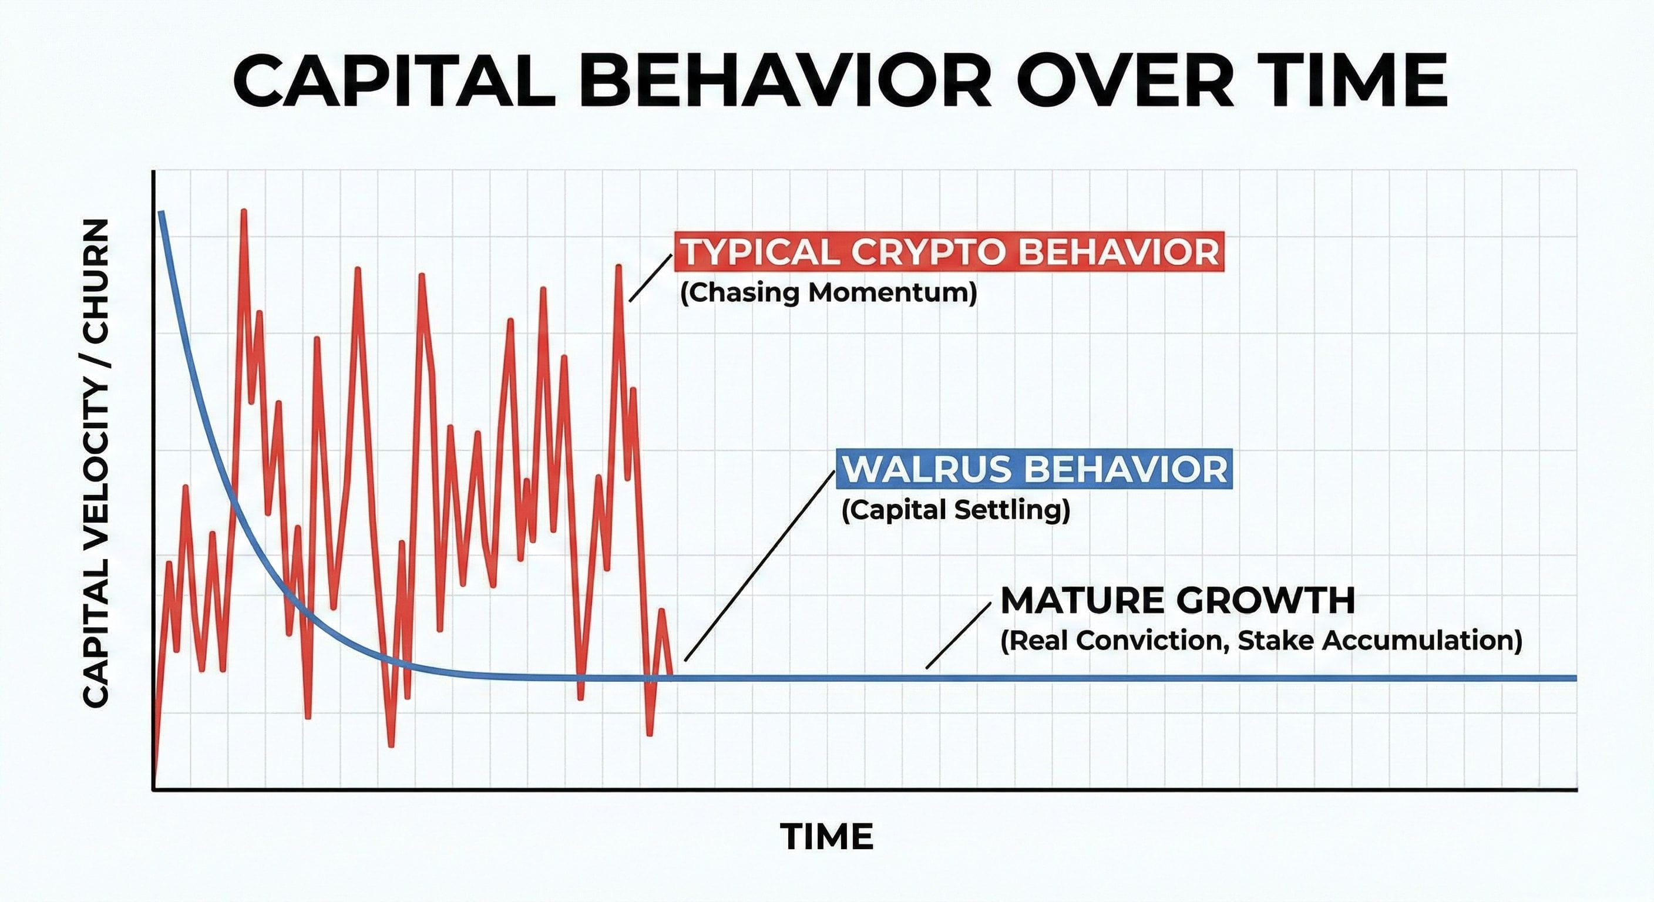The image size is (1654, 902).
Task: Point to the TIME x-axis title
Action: tap(826, 836)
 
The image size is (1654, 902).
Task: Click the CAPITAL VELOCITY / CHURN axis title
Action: tap(96, 463)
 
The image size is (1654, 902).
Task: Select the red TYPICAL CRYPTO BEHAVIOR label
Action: tap(949, 252)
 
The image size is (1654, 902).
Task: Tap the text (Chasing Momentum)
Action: tap(828, 294)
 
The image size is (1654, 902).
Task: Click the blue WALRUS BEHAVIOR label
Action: tap(1034, 469)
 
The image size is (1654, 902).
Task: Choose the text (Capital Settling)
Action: tap(956, 510)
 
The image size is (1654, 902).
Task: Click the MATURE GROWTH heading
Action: tap(1178, 601)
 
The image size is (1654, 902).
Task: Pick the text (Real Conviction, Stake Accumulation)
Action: tap(1261, 641)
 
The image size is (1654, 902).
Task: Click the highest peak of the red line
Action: tap(244, 211)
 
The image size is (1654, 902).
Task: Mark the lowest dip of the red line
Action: tap(391, 745)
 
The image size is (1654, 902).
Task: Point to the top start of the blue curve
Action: tap(161, 213)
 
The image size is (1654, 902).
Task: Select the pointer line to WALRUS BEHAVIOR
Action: tap(759, 566)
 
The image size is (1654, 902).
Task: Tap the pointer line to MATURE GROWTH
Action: tap(958, 635)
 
